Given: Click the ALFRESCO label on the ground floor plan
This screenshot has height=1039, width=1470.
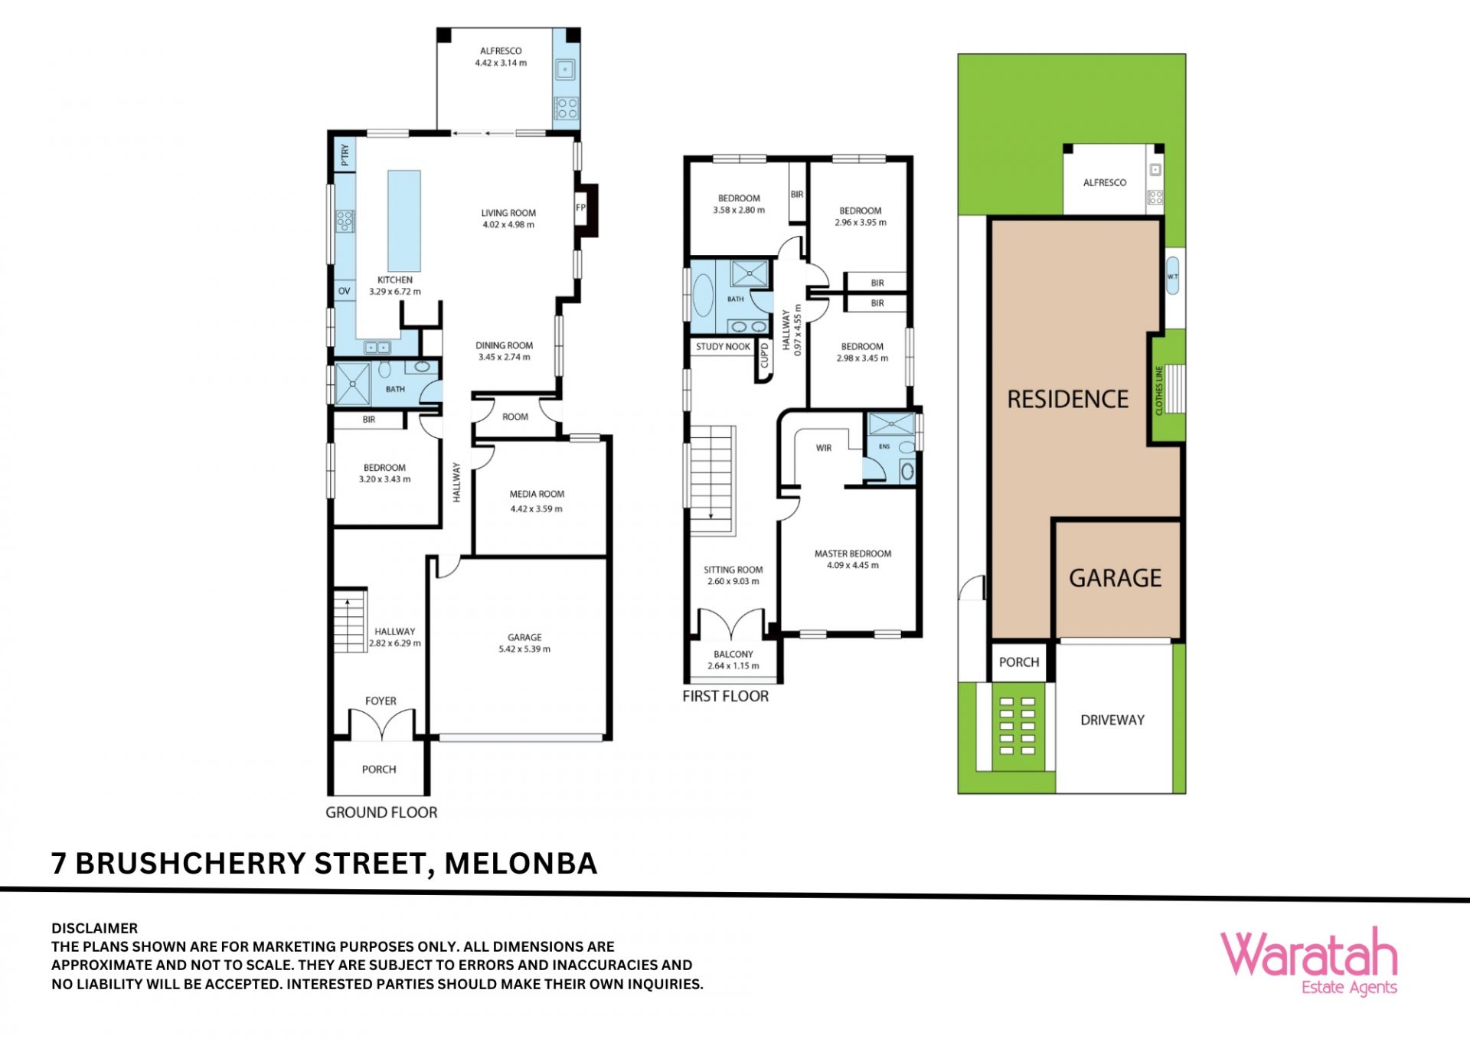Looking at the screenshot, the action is tap(501, 51).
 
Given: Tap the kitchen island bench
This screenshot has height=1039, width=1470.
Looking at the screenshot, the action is tap(404, 221).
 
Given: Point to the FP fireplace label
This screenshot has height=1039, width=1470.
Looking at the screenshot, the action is tap(580, 207).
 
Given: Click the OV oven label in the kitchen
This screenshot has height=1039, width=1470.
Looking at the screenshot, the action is tap(345, 291).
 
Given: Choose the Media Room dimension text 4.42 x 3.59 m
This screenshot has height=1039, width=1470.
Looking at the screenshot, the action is tap(537, 508).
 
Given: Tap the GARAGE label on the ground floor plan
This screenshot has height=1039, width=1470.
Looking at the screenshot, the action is tap(524, 637).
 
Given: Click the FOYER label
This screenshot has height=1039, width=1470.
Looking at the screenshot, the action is tap(381, 701).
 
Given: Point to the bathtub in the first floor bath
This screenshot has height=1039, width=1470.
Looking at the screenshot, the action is tap(703, 295).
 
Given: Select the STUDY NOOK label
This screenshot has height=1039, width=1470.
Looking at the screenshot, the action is tap(723, 347).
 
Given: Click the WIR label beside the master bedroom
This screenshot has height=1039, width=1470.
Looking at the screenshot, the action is tap(824, 448).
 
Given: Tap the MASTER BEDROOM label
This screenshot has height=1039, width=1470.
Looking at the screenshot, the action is tap(853, 554).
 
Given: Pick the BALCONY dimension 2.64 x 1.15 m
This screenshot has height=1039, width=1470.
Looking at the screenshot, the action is tap(733, 666).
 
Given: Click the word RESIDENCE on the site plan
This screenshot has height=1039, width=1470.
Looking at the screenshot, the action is tap(1068, 399).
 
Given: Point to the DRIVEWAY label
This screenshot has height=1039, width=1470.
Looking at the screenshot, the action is tap(1112, 720).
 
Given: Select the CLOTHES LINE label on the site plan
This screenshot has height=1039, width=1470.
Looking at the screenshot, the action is tap(1159, 390).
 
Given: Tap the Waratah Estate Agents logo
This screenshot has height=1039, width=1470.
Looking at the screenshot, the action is tap(1309, 962).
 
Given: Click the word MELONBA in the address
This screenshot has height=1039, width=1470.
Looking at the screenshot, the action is tap(521, 864).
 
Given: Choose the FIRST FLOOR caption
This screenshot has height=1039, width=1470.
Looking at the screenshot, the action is tap(726, 696).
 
